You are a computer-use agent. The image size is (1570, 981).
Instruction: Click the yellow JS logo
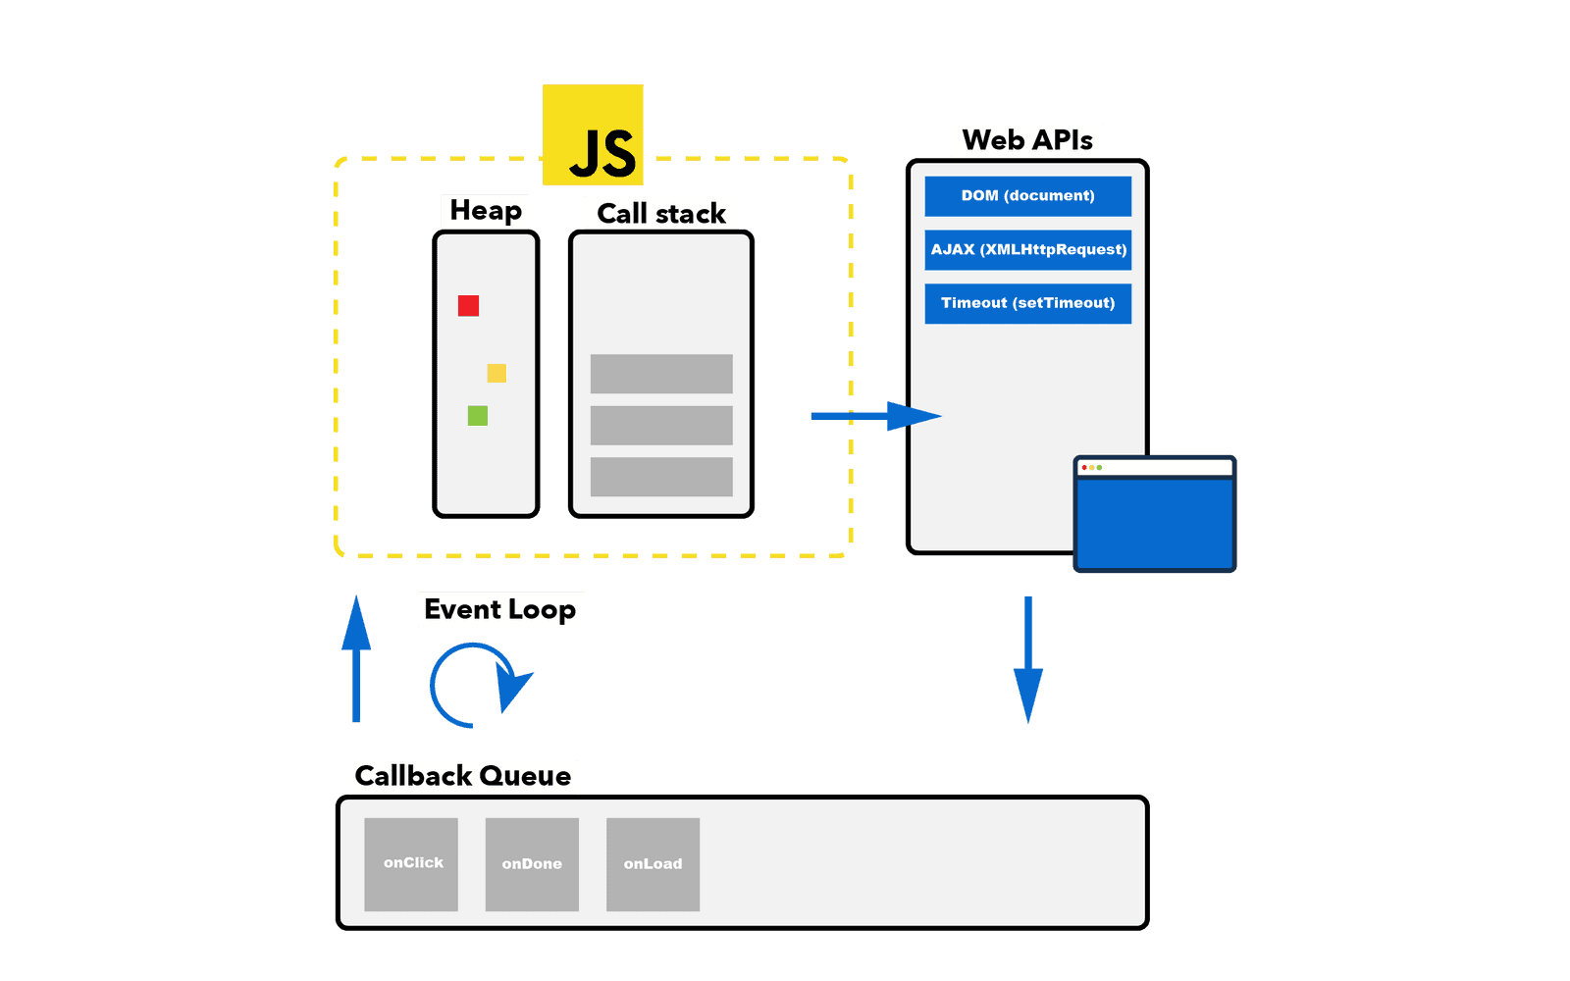coord(593,134)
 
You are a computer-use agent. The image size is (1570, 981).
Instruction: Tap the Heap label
coord(485,210)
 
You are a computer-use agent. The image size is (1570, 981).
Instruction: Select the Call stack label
coord(661,213)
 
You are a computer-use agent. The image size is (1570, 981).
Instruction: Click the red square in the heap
coord(468,305)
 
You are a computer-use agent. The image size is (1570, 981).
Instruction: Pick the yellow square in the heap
coord(497,373)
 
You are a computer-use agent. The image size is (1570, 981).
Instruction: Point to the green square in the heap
coord(478,416)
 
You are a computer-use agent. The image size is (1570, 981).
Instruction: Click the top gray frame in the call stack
coord(661,374)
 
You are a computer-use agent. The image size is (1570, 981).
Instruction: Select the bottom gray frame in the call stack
coord(661,477)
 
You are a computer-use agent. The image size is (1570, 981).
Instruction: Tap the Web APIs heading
coord(1026,140)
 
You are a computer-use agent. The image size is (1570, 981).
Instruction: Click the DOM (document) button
coord(1027,195)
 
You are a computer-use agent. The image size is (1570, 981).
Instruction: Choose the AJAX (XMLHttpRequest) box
coord(1027,249)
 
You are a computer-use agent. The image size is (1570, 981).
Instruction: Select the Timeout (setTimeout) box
coord(1027,303)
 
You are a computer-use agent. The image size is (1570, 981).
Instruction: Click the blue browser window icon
coord(1155,515)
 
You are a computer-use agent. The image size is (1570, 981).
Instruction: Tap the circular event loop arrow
coord(477,685)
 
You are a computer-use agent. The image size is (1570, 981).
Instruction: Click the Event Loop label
coord(500,609)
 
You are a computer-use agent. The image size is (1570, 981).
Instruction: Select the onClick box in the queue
coord(411,863)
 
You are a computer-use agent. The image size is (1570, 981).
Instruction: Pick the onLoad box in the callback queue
coord(653,863)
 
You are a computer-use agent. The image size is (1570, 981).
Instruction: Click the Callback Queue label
coord(463,776)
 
